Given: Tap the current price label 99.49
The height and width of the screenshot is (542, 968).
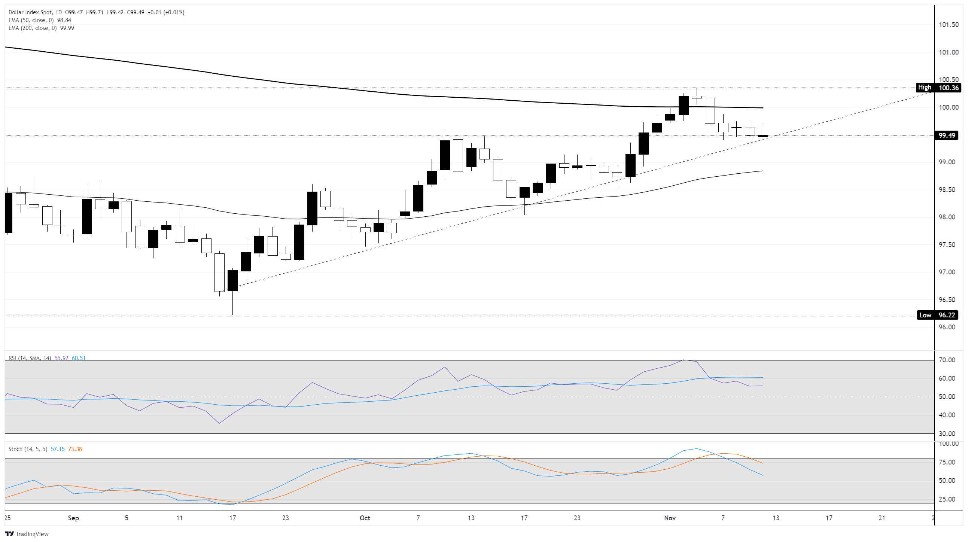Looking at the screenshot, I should click(947, 135).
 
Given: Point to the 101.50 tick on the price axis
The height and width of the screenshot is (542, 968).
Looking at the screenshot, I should click(949, 25).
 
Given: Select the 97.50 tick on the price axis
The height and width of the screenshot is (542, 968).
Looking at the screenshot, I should click(947, 245).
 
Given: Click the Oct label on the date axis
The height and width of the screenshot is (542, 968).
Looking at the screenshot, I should click(365, 518).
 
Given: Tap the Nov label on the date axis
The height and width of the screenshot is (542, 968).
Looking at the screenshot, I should click(670, 518).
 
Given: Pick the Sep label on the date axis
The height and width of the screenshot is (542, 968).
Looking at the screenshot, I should click(73, 518).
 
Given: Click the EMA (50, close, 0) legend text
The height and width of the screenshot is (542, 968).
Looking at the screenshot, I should click(32, 20).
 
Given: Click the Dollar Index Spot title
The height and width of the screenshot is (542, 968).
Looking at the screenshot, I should click(30, 12).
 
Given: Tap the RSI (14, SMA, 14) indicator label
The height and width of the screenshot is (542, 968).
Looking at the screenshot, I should click(30, 358).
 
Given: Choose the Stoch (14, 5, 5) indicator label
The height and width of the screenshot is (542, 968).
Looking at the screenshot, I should click(28, 449).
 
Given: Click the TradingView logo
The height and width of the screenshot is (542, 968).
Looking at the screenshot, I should click(27, 534).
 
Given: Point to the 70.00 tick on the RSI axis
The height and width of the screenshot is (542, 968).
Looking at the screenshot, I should click(947, 360).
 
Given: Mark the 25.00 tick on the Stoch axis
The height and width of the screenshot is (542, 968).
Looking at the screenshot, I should click(947, 499).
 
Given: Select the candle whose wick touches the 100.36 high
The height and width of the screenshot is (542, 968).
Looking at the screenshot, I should click(697, 97).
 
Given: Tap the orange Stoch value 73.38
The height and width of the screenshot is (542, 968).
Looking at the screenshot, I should click(75, 449).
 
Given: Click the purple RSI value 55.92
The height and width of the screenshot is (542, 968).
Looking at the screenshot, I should click(61, 358).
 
